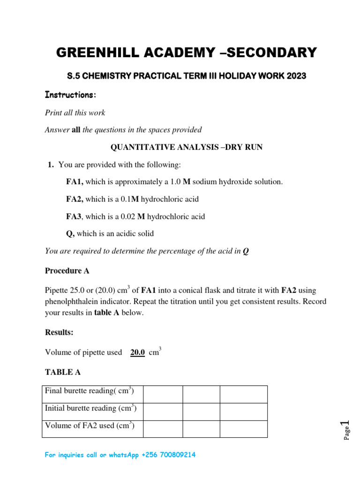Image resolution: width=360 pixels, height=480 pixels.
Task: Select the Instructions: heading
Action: pos(70,95)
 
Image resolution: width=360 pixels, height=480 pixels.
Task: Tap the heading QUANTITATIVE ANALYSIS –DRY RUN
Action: pos(186,147)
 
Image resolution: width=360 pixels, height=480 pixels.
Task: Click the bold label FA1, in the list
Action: pos(75,181)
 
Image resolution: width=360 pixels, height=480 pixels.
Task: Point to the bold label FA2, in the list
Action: pos(75,199)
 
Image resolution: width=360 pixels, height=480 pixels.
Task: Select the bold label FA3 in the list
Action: pos(74,217)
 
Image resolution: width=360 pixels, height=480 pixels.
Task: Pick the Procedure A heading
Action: pos(67,271)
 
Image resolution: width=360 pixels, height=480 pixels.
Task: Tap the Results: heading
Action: pos(59,332)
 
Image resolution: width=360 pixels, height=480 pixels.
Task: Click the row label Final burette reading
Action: pos(90,390)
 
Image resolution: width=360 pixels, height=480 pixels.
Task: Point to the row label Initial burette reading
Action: pos(90,408)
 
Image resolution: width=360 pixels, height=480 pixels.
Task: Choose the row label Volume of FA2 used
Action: pos(90,426)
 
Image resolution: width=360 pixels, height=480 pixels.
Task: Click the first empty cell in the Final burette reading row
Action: pos(162,394)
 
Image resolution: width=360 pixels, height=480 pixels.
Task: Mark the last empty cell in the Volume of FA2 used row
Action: pos(243,429)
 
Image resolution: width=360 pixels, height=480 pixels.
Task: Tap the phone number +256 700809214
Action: pos(167,455)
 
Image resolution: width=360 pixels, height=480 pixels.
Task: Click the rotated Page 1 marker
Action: pos(345,430)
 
